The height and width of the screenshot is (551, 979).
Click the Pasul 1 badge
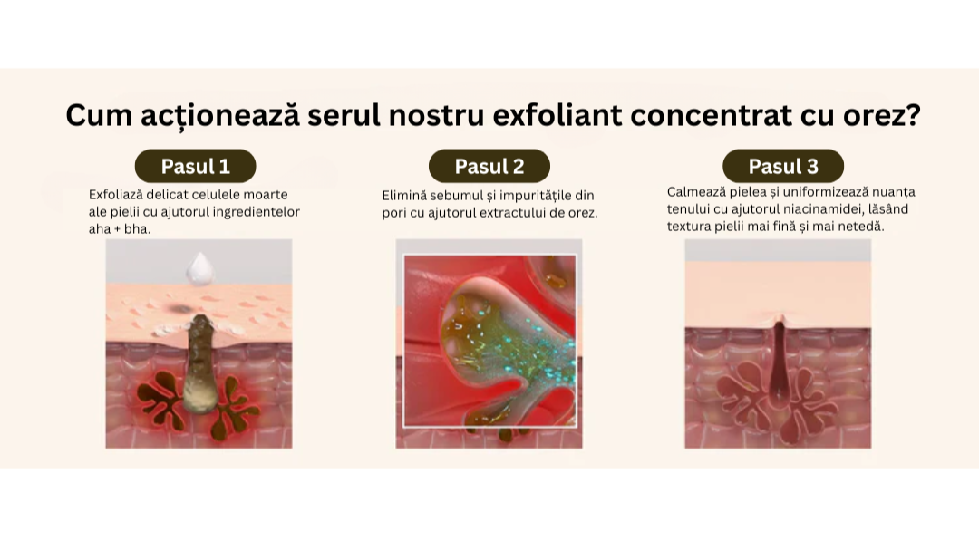pyautogui.click(x=196, y=166)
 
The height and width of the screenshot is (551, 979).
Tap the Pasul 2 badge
pyautogui.click(x=489, y=166)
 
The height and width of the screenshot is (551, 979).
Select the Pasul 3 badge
pyautogui.click(x=783, y=166)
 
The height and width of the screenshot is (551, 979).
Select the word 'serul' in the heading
pyautogui.click(x=344, y=115)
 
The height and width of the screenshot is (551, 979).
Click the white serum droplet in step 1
pyautogui.click(x=200, y=269)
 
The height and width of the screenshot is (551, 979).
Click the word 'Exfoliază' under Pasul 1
pyautogui.click(x=115, y=195)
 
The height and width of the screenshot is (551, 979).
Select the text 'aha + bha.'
pyautogui.click(x=120, y=229)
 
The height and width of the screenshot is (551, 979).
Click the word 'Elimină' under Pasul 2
pyautogui.click(x=404, y=196)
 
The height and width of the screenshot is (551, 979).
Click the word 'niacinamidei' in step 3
pyautogui.click(x=824, y=209)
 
